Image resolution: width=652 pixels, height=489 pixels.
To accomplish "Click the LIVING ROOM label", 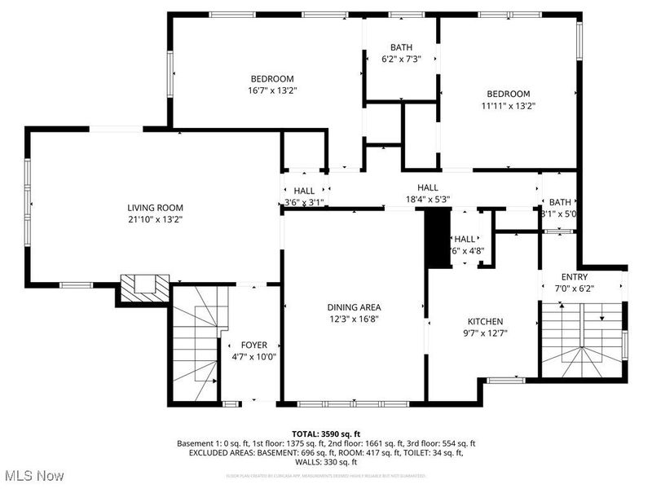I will point(154,207).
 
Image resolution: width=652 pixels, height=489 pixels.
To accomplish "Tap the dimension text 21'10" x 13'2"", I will point(154,218).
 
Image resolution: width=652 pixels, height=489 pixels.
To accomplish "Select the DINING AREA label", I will point(354,307).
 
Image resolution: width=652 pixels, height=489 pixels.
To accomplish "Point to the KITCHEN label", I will point(485,321).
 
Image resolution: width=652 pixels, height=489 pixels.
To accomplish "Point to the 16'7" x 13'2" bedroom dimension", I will point(272,90).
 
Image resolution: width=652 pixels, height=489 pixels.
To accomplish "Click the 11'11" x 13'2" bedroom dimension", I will point(508,105).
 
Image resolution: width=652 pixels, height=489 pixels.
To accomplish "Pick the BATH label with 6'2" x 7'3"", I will point(401,47).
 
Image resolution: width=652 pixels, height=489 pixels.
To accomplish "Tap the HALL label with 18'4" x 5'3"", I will point(428,187).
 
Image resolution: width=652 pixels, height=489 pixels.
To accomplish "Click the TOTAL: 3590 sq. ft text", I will point(325,433).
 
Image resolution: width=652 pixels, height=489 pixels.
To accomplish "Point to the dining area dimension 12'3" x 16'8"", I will point(354,319).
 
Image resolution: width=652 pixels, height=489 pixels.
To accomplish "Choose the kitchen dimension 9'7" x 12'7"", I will point(485,333).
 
